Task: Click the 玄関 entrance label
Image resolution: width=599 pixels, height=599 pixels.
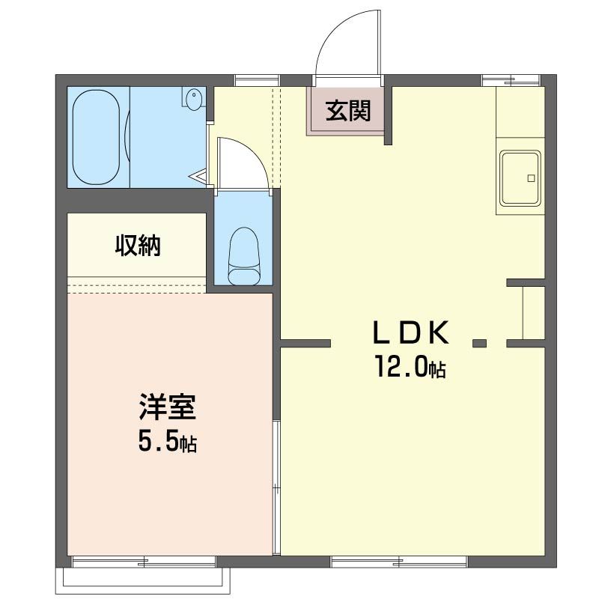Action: pos(348,112)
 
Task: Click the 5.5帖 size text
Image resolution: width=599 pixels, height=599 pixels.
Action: pos(167,443)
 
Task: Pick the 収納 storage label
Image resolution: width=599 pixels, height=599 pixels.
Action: pos(138,245)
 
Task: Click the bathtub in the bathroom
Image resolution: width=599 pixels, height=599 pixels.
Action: pos(97,137)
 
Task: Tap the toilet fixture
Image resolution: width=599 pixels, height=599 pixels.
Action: pos(243,257)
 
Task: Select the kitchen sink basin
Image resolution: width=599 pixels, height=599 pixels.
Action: pos(520,178)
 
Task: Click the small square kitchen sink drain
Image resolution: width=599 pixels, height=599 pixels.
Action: pos(532,178)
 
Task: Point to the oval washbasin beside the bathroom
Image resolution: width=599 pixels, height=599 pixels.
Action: pos(194,99)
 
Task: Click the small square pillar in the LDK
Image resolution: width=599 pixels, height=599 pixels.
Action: pos(479,344)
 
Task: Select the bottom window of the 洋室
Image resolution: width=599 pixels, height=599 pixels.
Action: pos(145,561)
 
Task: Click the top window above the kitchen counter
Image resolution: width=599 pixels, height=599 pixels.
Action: pos(509,79)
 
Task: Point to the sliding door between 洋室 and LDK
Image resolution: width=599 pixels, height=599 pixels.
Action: pos(276,487)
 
